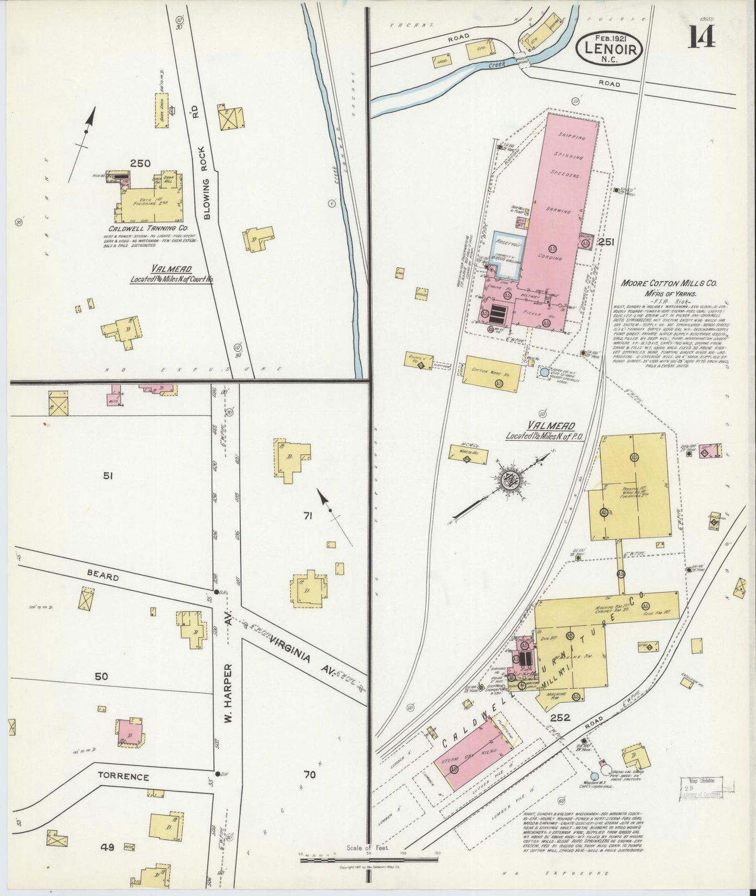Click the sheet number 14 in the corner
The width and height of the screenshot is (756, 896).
[701, 37]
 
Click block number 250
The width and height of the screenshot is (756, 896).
[140, 164]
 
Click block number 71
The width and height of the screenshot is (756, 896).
[308, 516]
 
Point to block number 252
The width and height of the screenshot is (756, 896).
[559, 718]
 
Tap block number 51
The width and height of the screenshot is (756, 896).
[108, 476]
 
